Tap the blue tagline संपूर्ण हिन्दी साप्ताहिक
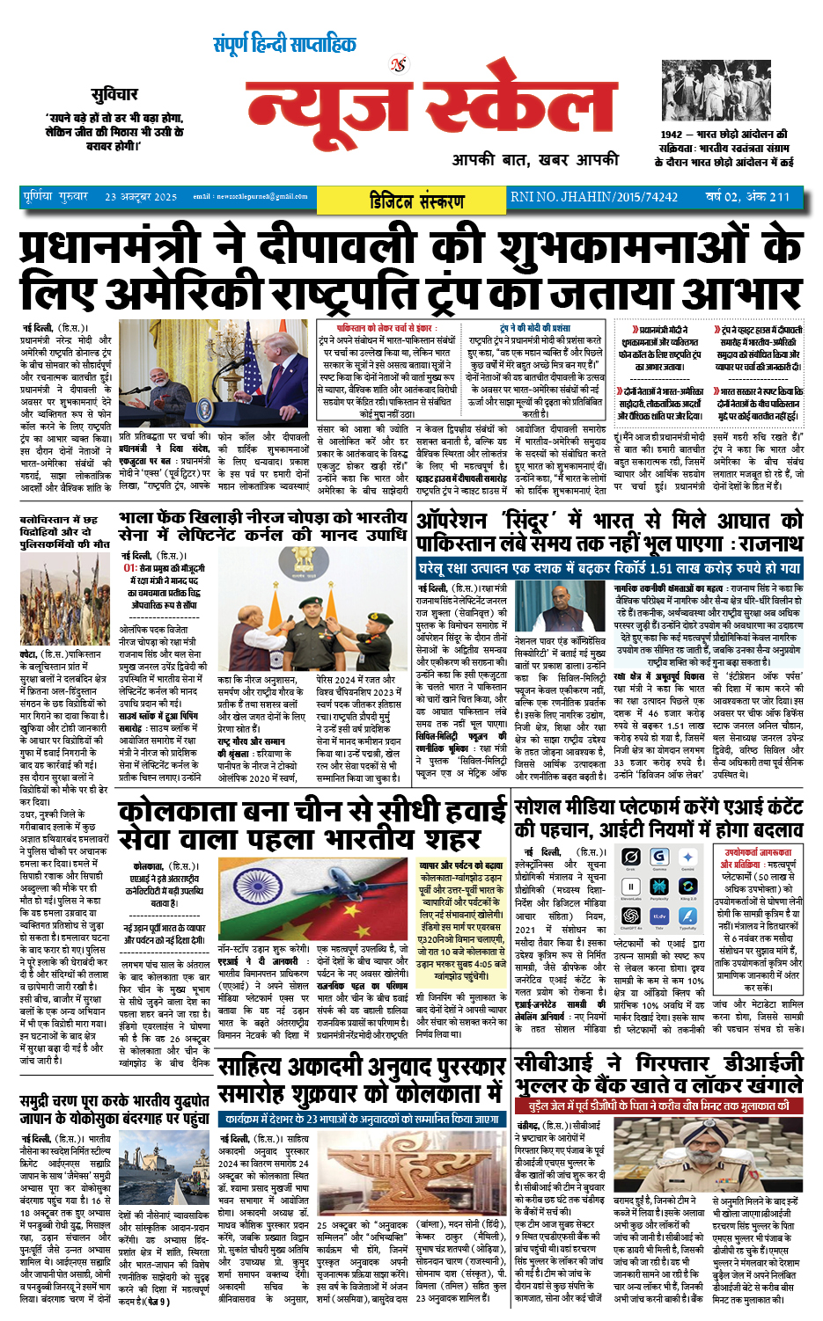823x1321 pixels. point(284,43)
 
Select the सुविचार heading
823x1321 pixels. point(114,94)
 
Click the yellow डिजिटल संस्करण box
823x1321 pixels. point(416,200)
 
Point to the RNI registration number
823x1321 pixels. point(594,197)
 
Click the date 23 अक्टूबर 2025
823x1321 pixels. point(141,197)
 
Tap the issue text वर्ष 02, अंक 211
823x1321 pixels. point(747,197)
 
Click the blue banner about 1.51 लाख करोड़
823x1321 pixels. point(609,568)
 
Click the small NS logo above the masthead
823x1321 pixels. point(399,64)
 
